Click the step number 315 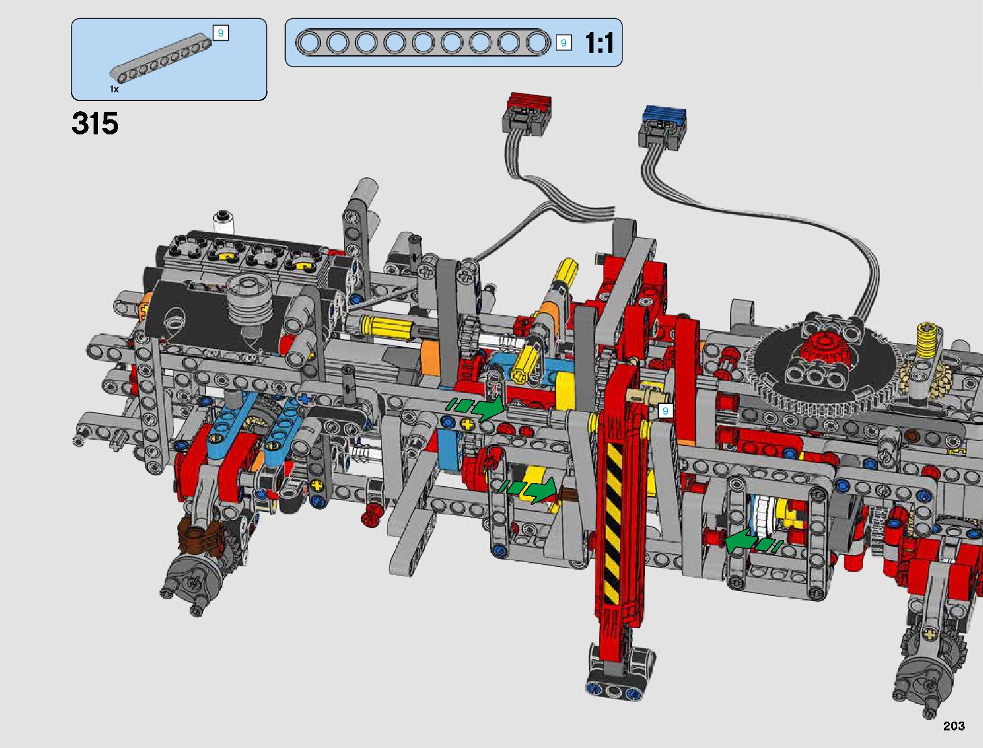tap(95, 123)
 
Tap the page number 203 tap(954, 725)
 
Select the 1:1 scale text tap(599, 43)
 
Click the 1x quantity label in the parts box tap(114, 89)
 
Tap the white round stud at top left tap(224, 222)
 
